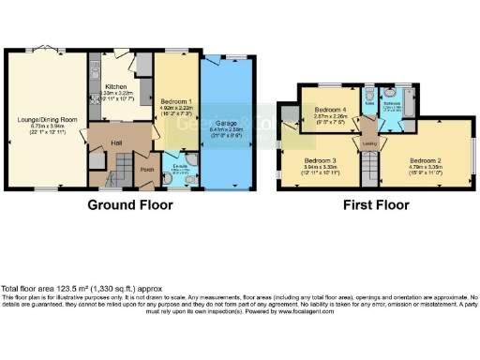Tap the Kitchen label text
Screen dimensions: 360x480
pyautogui.click(x=114, y=84)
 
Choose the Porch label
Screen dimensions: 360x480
pyautogui.click(x=147, y=170)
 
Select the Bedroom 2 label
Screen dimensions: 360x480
pyautogui.click(x=423, y=160)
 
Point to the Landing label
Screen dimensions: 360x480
pyautogui.click(x=370, y=143)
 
